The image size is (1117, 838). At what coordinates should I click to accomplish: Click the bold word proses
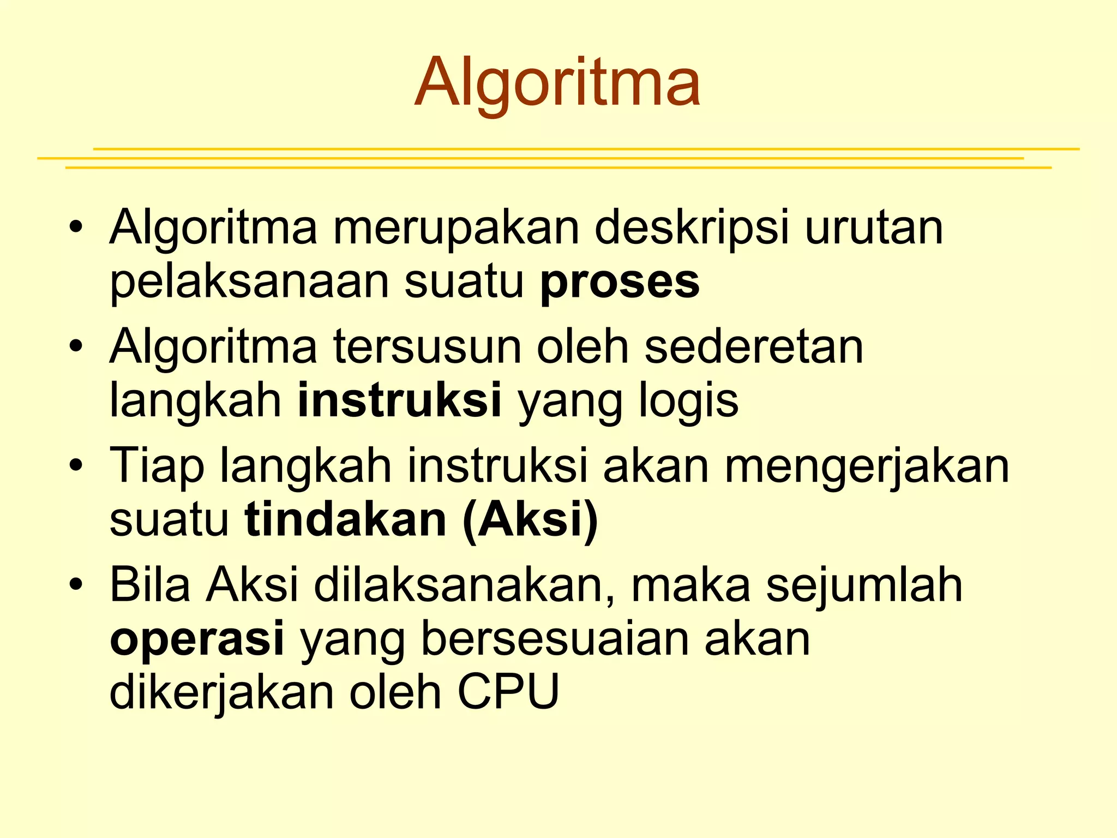620,283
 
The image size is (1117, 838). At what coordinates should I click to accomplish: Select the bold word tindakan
346,519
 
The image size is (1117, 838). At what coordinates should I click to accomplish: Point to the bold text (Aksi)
530,520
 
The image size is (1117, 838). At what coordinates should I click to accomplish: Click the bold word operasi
197,639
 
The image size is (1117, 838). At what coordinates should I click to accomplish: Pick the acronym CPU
508,692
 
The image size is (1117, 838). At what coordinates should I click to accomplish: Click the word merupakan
456,228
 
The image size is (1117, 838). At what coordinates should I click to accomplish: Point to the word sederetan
754,347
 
